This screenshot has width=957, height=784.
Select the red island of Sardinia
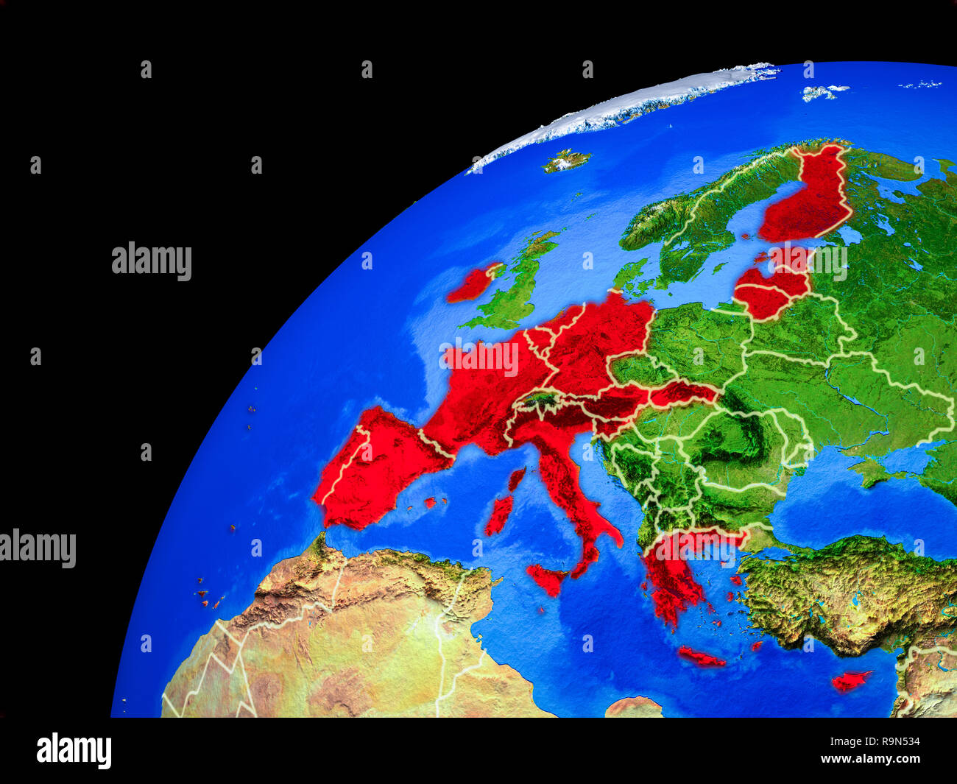pos(499,515)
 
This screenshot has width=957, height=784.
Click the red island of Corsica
pos(517,479)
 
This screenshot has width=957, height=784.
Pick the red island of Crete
pos(700,657)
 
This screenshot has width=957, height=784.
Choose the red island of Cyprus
pos(850,681)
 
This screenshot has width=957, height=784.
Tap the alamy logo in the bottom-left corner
pos(74,751)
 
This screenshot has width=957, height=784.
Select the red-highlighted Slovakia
pos(681,395)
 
